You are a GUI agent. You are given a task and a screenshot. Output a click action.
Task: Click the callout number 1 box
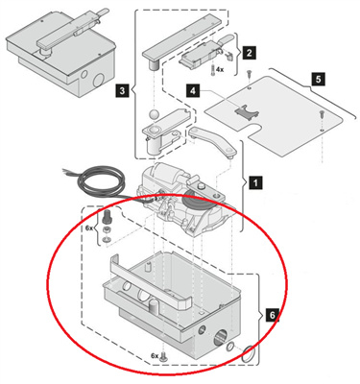255,183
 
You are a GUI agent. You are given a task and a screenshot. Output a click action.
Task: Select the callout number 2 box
249,53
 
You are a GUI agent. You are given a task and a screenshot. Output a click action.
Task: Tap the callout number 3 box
122,90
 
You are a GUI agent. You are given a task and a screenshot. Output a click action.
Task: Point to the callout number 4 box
193,91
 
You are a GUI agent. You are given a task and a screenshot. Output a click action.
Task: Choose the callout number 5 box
318,79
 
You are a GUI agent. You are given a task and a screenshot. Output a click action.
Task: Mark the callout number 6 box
272,315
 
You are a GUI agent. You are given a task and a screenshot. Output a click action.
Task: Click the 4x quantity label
220,69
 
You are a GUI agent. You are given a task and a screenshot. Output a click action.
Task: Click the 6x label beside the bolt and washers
89,228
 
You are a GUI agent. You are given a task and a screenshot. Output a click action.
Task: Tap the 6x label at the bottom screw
155,356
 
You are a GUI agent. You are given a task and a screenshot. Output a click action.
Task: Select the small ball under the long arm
154,115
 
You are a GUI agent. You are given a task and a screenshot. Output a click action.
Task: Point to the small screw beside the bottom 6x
164,355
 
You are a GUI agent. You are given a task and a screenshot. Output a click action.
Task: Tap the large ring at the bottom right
249,354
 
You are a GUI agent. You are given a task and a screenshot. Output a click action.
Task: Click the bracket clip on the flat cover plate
246,110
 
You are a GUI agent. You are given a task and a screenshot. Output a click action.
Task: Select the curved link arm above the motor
212,141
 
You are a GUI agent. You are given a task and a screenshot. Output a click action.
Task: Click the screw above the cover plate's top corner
250,75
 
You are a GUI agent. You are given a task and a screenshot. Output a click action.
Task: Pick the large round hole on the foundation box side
221,336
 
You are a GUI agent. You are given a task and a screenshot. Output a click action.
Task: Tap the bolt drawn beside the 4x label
212,69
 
